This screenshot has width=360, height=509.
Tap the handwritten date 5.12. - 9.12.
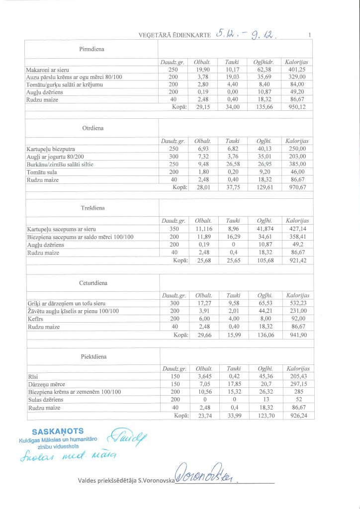coord(247,34)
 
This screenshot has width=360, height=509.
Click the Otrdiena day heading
coord(92,128)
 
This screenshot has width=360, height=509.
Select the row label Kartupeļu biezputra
coord(51,149)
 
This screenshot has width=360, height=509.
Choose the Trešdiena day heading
coord(92,207)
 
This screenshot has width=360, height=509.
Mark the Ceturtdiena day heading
coord(92,283)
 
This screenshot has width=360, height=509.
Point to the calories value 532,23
coord(297,303)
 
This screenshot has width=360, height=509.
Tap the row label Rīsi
coord(33,377)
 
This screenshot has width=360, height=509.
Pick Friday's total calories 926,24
coord(298,416)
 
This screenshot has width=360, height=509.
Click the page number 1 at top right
coord(310,35)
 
